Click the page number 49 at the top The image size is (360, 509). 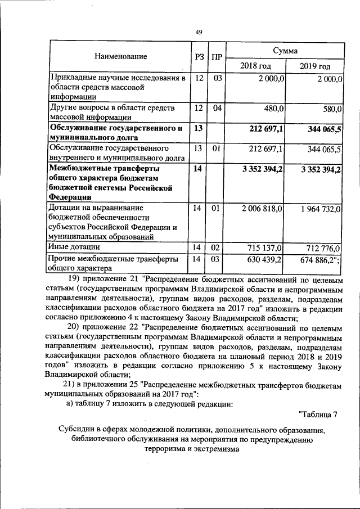pos(199,32)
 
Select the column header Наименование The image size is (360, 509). pos(120,56)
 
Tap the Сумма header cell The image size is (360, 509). pos(285,51)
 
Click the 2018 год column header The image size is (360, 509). pos(255,66)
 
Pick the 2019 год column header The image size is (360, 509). pos(314,66)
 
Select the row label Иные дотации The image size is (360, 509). pos(74,247)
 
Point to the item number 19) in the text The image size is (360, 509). pos(75,280)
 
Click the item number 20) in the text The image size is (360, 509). pos(75,327)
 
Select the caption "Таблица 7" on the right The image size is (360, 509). pos(318,415)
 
